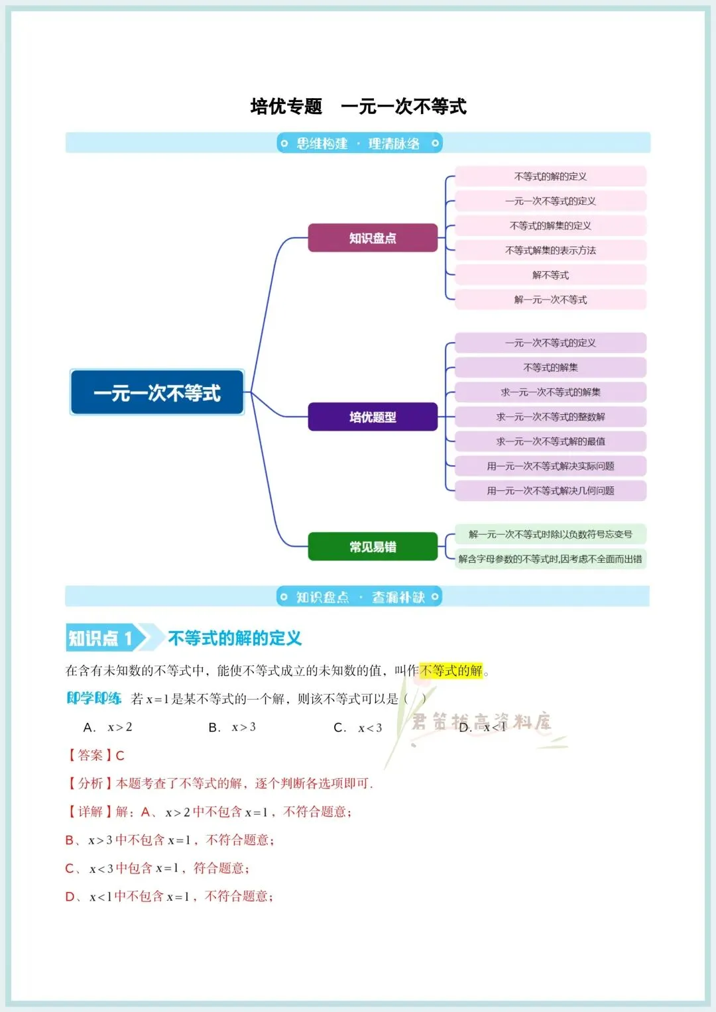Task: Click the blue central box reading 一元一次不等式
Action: [x=157, y=392]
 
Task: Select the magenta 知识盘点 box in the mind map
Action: [x=373, y=238]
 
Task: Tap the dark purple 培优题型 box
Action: [x=373, y=417]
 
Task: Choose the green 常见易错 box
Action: [x=373, y=547]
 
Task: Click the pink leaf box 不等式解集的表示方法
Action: [x=550, y=251]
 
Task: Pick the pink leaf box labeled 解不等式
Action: [x=550, y=275]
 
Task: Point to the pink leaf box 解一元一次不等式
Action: [x=550, y=300]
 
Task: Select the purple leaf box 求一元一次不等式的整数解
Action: [x=550, y=417]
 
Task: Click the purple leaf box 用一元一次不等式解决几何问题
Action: [x=550, y=490]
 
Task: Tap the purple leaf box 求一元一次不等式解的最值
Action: [x=550, y=441]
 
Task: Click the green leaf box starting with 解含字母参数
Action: [x=550, y=559]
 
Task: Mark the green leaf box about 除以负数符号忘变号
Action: [x=550, y=534]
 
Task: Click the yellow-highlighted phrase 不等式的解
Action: [x=451, y=671]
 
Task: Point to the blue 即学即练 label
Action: [x=94, y=699]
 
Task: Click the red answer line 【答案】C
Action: [x=95, y=756]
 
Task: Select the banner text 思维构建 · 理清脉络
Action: [x=358, y=143]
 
